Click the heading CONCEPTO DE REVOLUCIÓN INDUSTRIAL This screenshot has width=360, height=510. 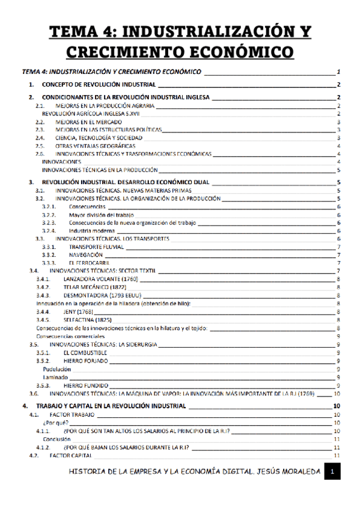(x=99, y=85)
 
